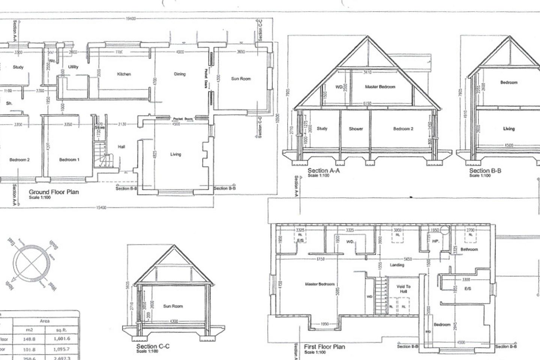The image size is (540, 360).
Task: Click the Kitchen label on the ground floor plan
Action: click(x=124, y=74)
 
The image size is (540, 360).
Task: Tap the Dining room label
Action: click(x=180, y=74)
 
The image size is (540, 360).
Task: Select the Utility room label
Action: click(x=73, y=67)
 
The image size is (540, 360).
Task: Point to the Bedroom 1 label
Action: click(x=69, y=160)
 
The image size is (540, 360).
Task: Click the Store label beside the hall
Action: click(x=99, y=128)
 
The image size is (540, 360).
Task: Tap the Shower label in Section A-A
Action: click(x=355, y=129)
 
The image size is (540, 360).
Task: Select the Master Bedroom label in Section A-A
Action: click(x=380, y=87)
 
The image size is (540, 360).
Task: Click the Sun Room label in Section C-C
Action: click(x=173, y=306)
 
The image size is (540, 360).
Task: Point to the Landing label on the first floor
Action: click(x=397, y=265)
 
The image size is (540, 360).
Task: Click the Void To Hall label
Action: click(x=403, y=289)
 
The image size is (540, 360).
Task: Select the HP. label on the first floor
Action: click(x=435, y=241)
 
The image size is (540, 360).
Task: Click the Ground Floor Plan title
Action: click(x=54, y=192)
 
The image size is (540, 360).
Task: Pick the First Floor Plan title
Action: click(x=324, y=347)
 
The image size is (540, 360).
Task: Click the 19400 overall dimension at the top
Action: click(x=131, y=18)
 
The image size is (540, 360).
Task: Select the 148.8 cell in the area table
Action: click(x=29, y=339)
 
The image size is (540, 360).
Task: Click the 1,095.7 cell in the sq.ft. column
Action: click(x=61, y=349)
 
